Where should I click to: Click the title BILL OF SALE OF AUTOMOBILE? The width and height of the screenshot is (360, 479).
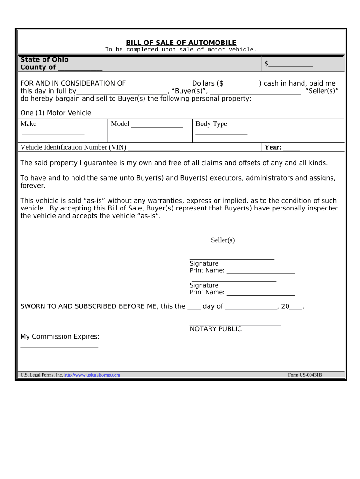181,43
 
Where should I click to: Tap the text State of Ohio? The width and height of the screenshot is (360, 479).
44,59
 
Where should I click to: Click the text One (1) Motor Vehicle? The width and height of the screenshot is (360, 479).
56,113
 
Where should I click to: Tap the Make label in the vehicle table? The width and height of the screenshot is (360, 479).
29,124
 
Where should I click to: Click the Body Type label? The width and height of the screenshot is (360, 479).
211,124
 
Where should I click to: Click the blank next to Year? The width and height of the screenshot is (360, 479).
291,149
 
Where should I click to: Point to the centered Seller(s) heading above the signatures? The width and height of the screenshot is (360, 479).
223,240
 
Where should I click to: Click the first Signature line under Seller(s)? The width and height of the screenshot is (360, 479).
232,257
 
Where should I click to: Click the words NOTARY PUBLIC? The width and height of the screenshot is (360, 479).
216,329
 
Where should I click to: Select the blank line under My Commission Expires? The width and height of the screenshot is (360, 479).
59,346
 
